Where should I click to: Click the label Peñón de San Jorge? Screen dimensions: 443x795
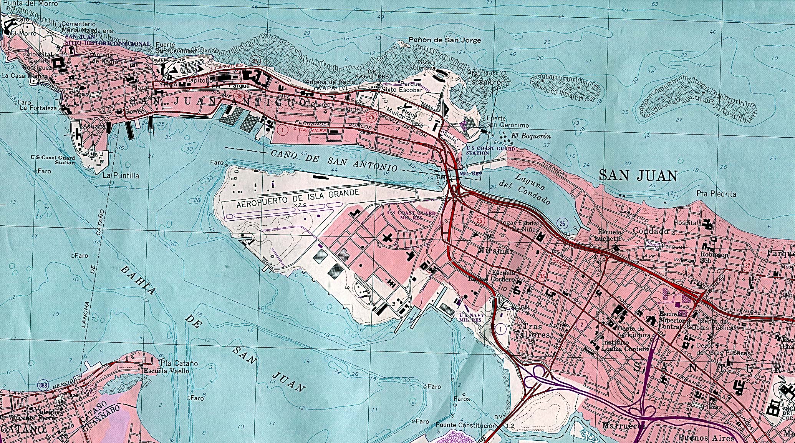pos(444,40)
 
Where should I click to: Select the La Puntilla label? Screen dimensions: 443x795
pos(121,175)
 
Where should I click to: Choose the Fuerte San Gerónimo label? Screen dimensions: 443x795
pos(507,122)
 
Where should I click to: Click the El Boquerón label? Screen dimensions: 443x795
pos(531,136)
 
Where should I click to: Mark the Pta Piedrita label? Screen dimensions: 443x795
pos(716,194)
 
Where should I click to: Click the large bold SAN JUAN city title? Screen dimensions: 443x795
pos(638,176)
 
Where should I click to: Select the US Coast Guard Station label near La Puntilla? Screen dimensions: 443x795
pos(53,160)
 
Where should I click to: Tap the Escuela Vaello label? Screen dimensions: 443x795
pos(166,371)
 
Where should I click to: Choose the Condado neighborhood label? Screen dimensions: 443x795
pos(650,231)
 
